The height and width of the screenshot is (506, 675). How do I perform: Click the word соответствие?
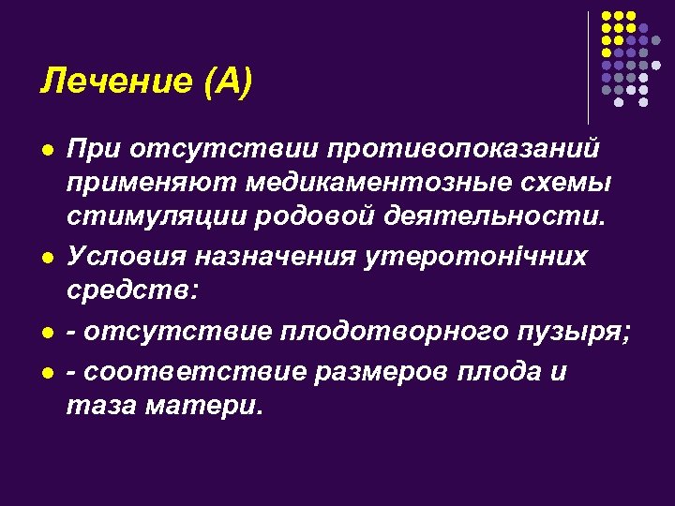tap(194, 371)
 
